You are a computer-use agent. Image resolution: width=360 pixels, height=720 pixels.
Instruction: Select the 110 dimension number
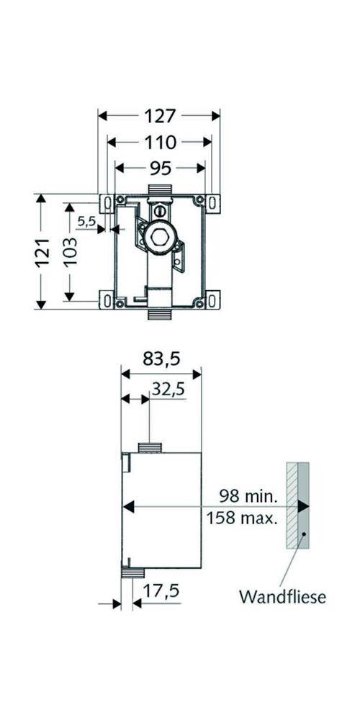159,142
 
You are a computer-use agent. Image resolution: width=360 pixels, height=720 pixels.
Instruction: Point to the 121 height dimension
44,251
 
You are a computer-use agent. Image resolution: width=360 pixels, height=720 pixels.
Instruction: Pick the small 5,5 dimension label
86,222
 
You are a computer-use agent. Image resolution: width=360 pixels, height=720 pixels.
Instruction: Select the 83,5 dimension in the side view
160,358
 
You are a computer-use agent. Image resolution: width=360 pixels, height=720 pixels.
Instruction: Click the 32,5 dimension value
167,389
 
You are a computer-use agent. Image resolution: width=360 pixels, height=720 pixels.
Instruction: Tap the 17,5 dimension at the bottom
161,591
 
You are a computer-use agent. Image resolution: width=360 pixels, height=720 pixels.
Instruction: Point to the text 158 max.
242,517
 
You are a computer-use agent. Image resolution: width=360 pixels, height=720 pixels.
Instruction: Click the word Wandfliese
282,596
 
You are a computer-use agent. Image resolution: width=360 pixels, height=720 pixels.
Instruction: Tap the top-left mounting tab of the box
106,202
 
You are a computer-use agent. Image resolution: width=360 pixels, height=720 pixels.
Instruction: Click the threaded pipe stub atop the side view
150,448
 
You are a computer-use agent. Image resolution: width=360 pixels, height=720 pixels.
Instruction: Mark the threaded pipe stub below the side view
132,573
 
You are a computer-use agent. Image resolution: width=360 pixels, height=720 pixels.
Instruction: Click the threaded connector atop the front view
159,189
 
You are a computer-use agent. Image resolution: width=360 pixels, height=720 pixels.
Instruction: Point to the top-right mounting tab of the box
213,202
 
